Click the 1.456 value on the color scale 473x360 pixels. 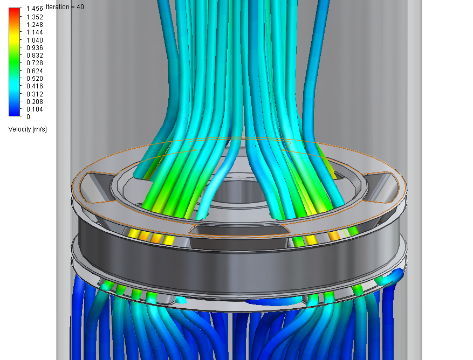pos(35,9)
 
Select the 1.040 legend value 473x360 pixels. pos(35,40)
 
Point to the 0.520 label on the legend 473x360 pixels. pos(35,78)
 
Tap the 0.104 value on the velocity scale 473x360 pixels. pos(35,109)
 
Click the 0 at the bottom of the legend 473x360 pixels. pos(29,117)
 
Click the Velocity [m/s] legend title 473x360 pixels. pos(28,129)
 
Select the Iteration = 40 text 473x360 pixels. pos(65,7)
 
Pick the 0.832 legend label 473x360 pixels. pos(35,56)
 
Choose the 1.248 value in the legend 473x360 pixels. pos(35,25)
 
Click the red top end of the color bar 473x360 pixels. pos(14,10)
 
